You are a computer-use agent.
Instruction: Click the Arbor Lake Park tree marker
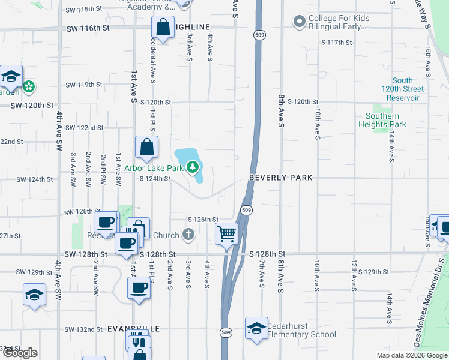[x=193, y=166]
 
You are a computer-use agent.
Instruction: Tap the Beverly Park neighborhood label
[x=282, y=178]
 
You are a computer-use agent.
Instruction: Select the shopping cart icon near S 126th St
[x=226, y=233]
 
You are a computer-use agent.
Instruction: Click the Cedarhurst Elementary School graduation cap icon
[x=256, y=328]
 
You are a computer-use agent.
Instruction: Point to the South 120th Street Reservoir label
[x=402, y=89]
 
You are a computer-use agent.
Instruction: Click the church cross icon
[x=188, y=234]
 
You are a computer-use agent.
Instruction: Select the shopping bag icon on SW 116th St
[x=163, y=27]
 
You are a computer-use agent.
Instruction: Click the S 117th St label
[x=336, y=43]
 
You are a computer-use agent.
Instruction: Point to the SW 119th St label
[x=85, y=85]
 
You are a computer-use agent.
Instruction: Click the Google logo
[x=20, y=353]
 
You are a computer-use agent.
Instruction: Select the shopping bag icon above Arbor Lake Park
[x=146, y=147]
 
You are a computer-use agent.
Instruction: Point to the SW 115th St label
[x=84, y=9]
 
